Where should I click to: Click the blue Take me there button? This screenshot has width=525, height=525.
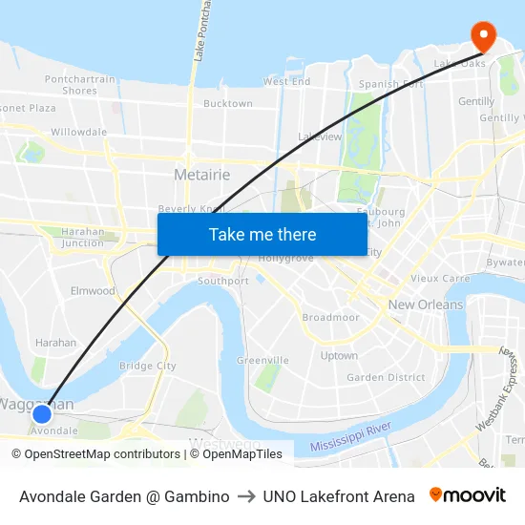262,234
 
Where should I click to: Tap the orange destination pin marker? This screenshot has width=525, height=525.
484,36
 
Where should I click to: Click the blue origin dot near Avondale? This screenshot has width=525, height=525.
42,413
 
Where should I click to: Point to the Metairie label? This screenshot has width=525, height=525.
202,175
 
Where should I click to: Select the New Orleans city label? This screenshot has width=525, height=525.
426,304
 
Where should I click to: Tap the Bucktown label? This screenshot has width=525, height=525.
228,103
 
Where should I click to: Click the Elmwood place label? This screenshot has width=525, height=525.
93,291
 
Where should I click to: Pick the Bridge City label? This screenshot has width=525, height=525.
148,366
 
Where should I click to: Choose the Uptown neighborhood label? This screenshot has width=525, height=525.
339,356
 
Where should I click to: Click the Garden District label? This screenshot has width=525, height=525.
386,377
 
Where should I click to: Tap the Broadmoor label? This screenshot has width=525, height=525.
330,317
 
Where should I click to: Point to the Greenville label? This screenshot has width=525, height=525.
263,360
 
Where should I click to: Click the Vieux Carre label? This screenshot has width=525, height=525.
440,279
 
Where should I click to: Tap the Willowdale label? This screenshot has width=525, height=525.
79,132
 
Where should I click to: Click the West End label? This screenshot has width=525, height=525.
287,82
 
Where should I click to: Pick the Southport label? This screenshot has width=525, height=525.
223,282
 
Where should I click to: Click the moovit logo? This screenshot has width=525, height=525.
468,495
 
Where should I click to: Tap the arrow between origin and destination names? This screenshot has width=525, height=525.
246,496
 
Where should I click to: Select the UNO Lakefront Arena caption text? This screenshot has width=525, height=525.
339,496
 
